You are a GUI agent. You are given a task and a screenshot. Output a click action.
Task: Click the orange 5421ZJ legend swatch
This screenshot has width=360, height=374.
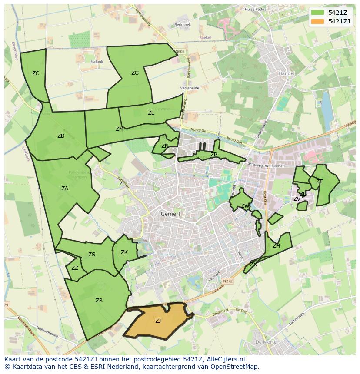pyautogui.click(x=318, y=21)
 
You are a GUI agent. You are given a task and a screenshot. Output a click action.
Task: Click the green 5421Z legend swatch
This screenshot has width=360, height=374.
pyautogui.click(x=318, y=13)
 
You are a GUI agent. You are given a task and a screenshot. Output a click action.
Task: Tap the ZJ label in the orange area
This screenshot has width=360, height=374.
pyautogui.click(x=158, y=321)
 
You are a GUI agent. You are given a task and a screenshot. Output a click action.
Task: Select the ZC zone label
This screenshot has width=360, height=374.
pyautogui.click(x=36, y=73)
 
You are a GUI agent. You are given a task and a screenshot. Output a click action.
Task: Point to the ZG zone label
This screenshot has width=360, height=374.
pyautogui.click(x=135, y=73)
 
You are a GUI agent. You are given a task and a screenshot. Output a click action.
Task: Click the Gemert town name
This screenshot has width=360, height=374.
pyautogui.click(x=170, y=214)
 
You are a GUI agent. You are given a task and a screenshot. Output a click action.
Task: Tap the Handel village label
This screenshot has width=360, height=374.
pyautogui.click(x=287, y=73)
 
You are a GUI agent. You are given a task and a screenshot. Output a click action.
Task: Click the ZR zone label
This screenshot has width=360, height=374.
pyautogui.click(x=99, y=301)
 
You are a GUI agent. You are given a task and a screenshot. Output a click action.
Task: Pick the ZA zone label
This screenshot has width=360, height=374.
pyautogui.click(x=65, y=189)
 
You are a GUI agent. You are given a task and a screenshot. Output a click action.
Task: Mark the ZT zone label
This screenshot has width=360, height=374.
pyautogui.click(x=319, y=182)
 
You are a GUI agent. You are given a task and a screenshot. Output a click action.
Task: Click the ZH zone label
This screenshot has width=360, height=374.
pyautogui.click(x=276, y=246)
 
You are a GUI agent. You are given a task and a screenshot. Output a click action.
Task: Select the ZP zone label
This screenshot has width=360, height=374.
pyautogui.click(x=213, y=155)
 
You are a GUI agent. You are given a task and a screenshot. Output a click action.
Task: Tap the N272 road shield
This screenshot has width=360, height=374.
pyautogui.click(x=228, y=281)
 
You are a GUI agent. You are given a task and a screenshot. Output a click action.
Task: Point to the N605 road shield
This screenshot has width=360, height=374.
pyautogui.click(x=180, y=52)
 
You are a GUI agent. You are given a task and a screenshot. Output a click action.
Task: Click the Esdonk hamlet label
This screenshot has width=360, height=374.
pyautogui.click(x=97, y=62)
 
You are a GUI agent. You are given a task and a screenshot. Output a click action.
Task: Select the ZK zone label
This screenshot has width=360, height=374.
pyautogui.click(x=124, y=252)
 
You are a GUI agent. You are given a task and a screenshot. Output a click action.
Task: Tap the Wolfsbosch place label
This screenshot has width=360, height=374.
pyautogui.click(x=275, y=165)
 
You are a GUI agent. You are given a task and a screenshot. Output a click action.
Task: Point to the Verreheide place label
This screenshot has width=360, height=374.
pyautogui.click(x=190, y=88)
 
